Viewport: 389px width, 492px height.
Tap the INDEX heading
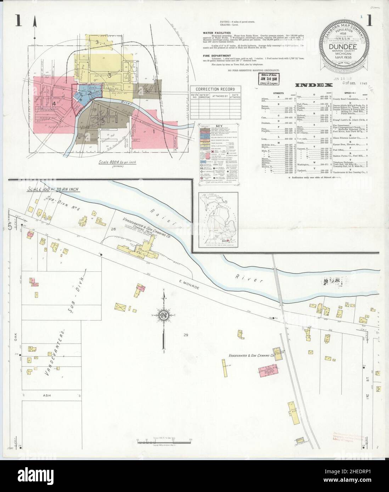314,85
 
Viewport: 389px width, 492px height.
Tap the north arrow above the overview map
35,23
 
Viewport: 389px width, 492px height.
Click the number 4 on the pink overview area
54,103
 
